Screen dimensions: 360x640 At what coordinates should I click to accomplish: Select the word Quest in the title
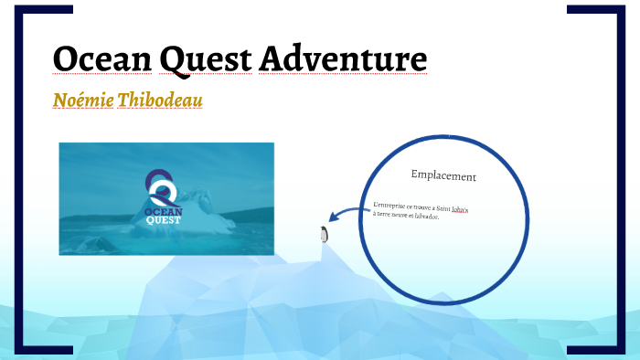[x=204, y=58]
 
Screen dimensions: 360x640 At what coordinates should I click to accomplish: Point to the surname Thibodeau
[x=159, y=100]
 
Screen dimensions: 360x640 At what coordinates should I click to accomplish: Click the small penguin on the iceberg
[x=323, y=234]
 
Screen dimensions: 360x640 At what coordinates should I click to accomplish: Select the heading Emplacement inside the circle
[x=443, y=175]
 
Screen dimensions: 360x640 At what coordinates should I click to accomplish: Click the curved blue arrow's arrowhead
[x=333, y=217]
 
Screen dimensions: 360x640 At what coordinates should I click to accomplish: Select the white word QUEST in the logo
[x=165, y=220]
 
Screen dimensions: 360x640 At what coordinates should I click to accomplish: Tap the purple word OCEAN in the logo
[x=165, y=211]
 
